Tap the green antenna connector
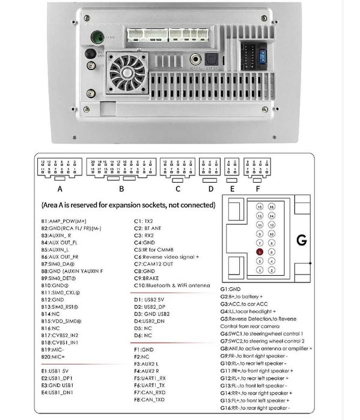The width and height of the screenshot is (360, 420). [x=95, y=38]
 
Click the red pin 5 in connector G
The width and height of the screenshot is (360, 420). [x=259, y=252]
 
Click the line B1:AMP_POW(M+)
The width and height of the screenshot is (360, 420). [x=65, y=221]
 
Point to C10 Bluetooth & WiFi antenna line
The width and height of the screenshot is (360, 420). [x=172, y=286]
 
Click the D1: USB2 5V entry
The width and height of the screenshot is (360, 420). [x=153, y=299]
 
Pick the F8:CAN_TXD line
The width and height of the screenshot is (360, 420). [x=148, y=398]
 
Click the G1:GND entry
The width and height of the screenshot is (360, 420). [x=231, y=289]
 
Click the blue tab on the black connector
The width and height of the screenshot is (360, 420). [x=263, y=57]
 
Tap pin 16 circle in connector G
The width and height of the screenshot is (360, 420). [x=272, y=207]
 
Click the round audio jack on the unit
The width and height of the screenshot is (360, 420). [x=196, y=60]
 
